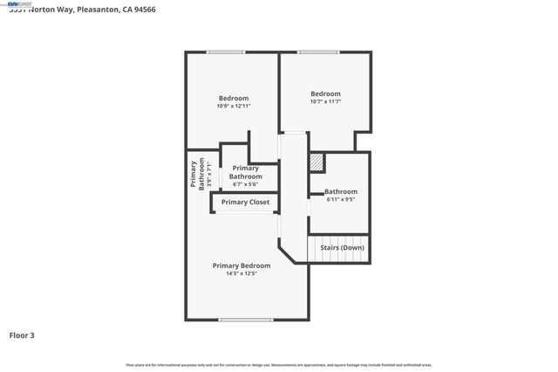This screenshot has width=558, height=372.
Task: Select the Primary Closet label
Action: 245,203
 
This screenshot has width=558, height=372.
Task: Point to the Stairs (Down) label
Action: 342,247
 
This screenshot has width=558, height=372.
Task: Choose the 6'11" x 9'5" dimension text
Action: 340,199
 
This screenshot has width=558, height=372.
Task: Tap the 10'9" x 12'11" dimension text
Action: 234,106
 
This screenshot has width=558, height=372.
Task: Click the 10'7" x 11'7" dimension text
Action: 325,101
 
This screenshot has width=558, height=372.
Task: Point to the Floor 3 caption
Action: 22,334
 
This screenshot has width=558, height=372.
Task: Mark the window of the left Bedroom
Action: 225,52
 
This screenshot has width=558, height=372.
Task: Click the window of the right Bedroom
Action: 319,52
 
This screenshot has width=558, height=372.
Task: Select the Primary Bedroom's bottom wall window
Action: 246,320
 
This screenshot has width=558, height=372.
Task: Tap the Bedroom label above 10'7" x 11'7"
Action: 325,93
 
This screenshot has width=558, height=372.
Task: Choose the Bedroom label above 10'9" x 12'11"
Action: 234,98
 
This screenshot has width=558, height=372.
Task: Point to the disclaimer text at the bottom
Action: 279,365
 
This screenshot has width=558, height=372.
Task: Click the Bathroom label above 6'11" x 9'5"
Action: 341,191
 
